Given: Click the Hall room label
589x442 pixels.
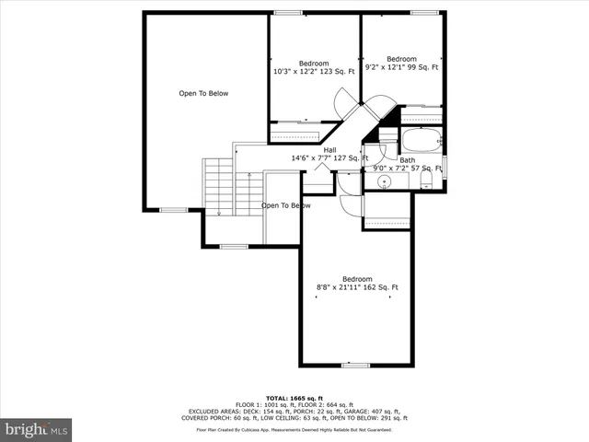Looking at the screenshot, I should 329,150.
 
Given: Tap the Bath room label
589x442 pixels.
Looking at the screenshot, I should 407,160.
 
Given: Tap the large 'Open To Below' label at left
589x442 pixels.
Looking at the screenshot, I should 203,93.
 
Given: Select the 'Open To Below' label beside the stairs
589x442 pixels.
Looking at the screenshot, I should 285,205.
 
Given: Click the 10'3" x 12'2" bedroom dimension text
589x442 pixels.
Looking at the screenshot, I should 313,71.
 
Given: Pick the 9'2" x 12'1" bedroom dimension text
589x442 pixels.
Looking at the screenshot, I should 401,66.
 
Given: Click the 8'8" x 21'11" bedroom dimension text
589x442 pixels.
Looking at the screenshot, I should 357,287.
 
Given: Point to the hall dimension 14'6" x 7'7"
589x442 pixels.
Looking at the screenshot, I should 329,158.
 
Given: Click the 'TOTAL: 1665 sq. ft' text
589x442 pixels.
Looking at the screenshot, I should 294,398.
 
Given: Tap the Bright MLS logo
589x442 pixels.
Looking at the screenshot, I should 37,429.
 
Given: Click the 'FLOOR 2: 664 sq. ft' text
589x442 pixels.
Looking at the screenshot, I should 327,404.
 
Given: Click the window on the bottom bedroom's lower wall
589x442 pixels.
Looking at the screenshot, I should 356,366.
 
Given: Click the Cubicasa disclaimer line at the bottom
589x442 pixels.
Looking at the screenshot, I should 294,429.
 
